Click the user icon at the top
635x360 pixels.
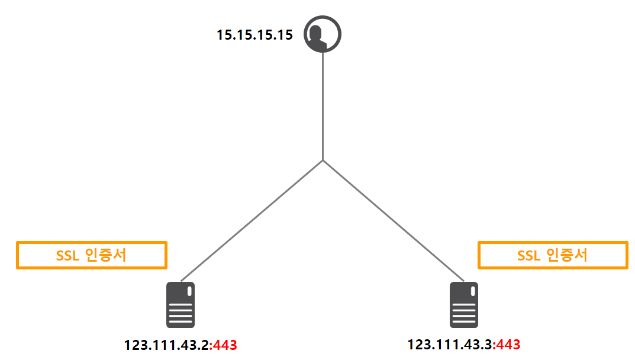click(323, 34)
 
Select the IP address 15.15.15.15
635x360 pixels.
click(254, 35)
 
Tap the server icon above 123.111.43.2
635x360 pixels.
click(180, 305)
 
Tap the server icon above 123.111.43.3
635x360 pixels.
click(464, 305)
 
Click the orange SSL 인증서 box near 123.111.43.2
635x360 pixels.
click(92, 255)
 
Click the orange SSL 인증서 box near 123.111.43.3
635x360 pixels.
click(553, 255)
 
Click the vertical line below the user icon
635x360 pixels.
click(323, 107)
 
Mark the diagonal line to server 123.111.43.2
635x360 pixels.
click(252, 220)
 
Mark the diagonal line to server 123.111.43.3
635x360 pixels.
click(394, 220)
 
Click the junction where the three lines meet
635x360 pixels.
click(323, 160)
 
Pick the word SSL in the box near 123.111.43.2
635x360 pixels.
click(67, 255)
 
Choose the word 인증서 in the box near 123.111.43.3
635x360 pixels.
click(566, 255)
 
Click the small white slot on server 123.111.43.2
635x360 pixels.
click(189, 292)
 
